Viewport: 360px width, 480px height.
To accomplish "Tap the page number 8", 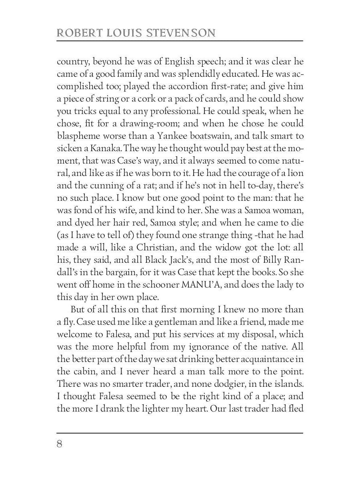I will (60, 444).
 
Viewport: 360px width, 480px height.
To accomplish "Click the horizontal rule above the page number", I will (180, 433).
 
